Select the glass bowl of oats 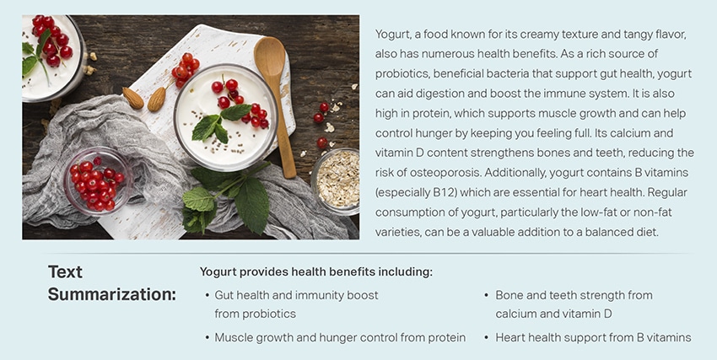336,181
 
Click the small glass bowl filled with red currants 97,181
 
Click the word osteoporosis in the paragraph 439,173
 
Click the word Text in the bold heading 66,271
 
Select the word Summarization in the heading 111,295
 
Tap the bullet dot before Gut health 208,296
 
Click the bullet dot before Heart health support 487,338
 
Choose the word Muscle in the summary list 231,337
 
